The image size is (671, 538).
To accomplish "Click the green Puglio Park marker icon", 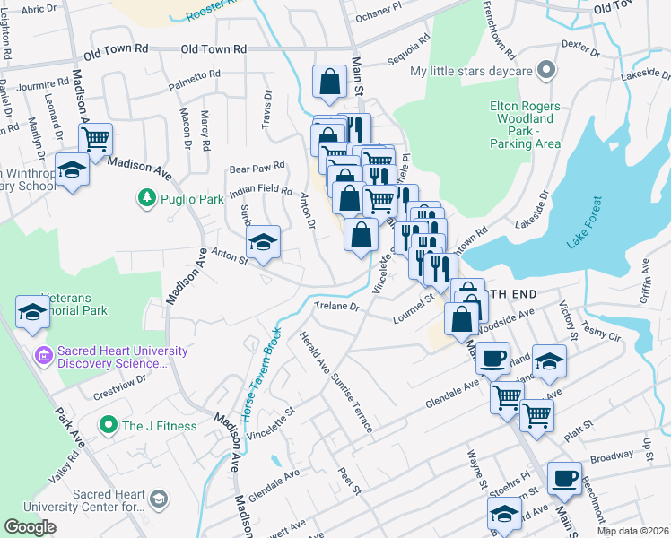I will [x=145, y=196].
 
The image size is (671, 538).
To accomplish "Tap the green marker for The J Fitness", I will [x=109, y=425].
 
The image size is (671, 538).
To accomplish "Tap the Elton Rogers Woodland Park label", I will [x=525, y=125].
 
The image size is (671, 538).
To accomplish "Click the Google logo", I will [x=30, y=527].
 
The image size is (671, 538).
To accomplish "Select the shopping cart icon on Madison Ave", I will [x=94, y=140].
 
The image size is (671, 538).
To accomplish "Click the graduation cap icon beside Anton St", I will [x=263, y=242].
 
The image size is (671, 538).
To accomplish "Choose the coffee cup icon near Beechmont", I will [x=563, y=478].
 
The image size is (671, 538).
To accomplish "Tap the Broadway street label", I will [x=613, y=456].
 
